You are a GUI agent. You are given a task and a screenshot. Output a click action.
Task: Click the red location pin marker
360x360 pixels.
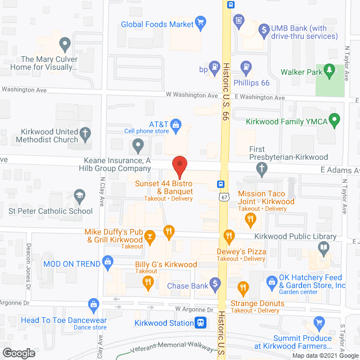coord(179,166)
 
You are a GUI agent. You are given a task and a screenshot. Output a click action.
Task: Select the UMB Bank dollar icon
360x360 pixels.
coord(263,29)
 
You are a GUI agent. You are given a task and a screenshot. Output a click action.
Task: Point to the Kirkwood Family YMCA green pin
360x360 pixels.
coord(335,120)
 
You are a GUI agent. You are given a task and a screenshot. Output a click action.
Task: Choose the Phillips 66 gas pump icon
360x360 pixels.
coord(246,67)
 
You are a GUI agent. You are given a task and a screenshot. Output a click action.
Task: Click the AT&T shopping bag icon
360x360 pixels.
coord(175,123)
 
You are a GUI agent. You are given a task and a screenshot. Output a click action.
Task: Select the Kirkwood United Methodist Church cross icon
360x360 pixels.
coord(85,134)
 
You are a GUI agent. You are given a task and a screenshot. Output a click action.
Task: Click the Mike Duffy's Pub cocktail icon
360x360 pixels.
coord(150,238)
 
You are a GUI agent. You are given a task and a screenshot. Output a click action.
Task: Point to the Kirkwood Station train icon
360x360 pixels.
coord(200,323)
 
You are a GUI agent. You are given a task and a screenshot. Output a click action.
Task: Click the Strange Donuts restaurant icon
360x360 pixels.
coord(244,289)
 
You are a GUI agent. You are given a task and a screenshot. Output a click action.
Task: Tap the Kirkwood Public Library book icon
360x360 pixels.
coord(323,247)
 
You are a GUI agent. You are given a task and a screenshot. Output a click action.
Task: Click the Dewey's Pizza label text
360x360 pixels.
coord(241,251)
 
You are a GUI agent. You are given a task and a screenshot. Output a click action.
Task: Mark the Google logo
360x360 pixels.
coord(19,353)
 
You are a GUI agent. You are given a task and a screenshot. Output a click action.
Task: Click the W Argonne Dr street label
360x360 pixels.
coord(194,309)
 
